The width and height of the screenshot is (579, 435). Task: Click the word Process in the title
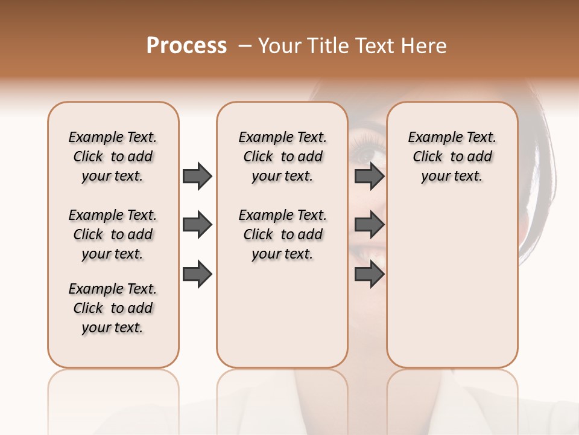click(x=186, y=46)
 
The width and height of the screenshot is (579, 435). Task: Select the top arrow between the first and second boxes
click(x=197, y=176)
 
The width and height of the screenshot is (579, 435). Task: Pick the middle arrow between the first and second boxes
click(x=197, y=225)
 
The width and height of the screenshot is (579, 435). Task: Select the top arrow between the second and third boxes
click(x=370, y=176)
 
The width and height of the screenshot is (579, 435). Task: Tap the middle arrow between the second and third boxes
click(x=370, y=225)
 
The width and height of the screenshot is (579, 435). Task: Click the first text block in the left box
click(x=113, y=156)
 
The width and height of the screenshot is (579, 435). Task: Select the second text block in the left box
click(x=113, y=234)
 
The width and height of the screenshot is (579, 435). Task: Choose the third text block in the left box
click(x=113, y=308)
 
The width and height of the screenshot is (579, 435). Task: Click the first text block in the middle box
click(x=282, y=156)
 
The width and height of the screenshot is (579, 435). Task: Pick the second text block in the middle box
click(x=282, y=234)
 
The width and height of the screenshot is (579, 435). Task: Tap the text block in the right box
click(x=452, y=156)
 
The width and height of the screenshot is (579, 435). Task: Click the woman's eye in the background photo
click(x=365, y=153)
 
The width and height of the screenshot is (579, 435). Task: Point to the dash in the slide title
click(x=245, y=46)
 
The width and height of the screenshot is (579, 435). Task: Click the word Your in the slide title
click(x=280, y=46)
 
